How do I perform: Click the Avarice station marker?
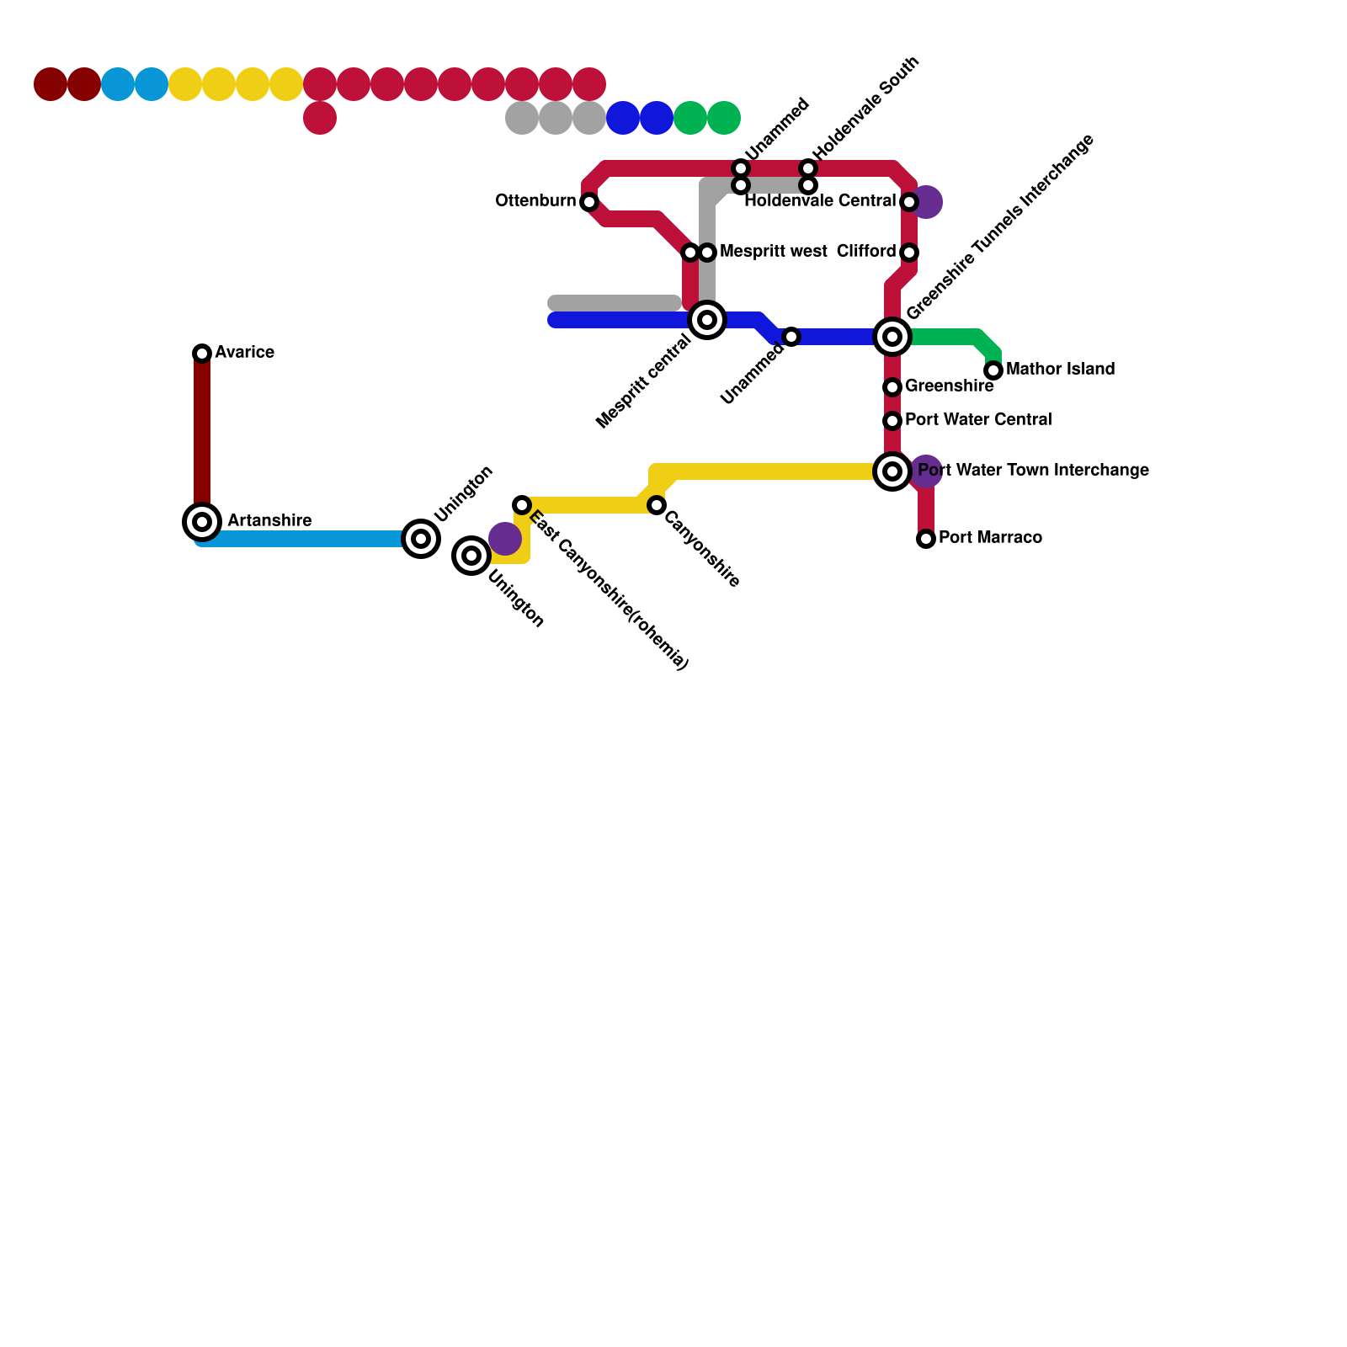pos(202,354)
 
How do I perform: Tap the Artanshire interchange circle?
pos(202,522)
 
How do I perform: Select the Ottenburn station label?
pos(535,201)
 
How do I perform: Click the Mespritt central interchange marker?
pos(707,320)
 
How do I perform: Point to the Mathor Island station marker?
pos(993,370)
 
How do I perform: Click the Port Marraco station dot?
pos(926,539)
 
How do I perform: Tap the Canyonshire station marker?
pos(657,505)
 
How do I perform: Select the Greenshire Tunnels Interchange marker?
pos(892,337)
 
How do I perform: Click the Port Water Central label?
pos(978,420)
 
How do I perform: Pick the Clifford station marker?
pos(909,253)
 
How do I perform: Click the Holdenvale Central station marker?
pos(909,202)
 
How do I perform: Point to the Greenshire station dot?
pos(892,387)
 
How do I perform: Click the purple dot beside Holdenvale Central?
pos(928,202)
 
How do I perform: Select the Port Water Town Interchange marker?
pos(892,471)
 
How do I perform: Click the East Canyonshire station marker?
pos(522,505)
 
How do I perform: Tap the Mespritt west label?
pos(773,252)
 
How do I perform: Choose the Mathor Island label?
pos(1060,370)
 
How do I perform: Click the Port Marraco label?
pos(990,538)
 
